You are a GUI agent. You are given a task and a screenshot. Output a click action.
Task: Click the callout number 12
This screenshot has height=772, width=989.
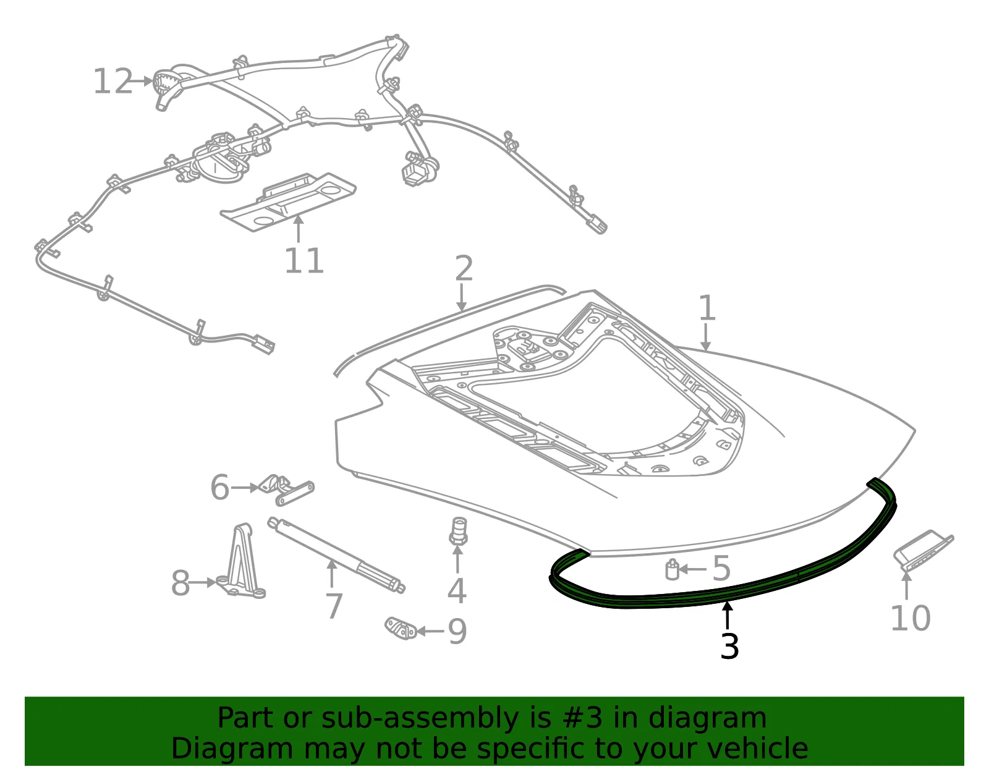pos(113,82)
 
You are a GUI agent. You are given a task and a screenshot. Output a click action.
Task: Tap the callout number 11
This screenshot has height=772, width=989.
pos(304,261)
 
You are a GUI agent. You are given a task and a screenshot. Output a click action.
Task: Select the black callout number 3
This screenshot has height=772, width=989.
pos(729,646)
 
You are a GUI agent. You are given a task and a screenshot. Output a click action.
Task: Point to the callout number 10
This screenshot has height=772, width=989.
pos(910,619)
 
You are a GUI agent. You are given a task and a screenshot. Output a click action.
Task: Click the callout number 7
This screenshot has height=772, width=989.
pos(334,606)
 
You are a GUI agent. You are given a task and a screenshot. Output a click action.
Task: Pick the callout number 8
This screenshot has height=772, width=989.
pos(180,583)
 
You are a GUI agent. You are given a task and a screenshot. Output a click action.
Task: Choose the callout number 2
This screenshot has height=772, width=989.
pos(464,268)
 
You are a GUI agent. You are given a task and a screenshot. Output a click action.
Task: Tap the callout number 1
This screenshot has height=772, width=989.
pos(707,308)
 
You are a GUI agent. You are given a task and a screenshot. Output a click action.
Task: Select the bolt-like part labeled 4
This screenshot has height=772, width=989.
pos(458,532)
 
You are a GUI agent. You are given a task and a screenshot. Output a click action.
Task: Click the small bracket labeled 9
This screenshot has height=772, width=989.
pos(401,628)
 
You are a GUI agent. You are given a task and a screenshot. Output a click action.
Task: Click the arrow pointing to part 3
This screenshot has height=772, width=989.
pos(728,615)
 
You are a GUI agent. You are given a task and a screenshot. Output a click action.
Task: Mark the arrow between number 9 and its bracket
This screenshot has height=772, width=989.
pos(430,631)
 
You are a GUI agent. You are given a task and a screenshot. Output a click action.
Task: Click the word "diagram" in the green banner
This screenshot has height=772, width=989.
pos(707,718)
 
